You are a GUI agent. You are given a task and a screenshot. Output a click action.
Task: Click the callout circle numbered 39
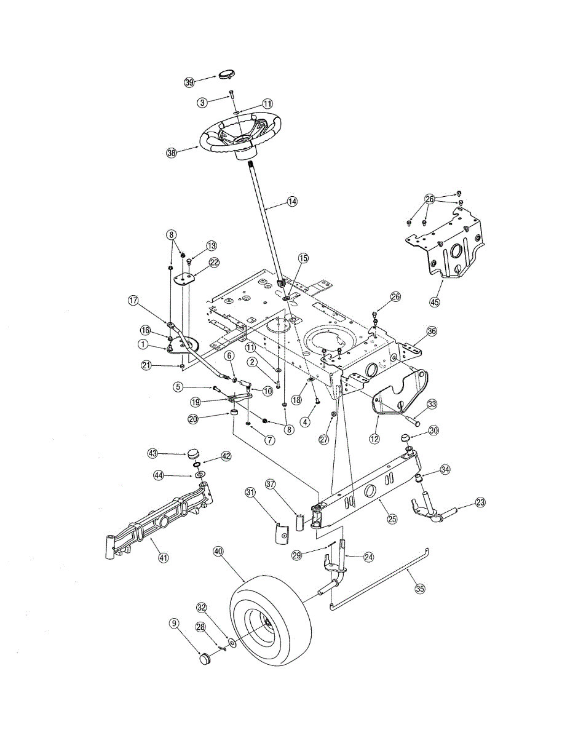(x=189, y=82)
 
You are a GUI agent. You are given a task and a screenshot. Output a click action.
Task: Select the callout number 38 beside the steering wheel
(x=172, y=153)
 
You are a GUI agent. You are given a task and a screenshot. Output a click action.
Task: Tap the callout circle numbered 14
(x=291, y=201)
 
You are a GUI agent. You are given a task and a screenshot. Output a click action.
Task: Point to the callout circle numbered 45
(x=435, y=301)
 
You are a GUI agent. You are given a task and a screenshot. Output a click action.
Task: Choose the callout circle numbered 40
(x=218, y=552)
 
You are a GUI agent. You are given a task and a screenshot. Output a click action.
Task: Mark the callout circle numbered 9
(x=175, y=624)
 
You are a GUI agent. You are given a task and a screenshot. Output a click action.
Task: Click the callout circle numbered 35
(x=420, y=588)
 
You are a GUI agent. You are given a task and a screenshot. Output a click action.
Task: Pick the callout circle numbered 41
(x=163, y=558)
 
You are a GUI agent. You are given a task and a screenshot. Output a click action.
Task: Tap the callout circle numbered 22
(x=213, y=262)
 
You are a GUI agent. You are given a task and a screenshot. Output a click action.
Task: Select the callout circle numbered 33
(x=432, y=404)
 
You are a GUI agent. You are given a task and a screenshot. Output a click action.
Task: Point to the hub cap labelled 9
(x=204, y=660)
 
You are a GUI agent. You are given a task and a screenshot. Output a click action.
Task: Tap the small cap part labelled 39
(x=225, y=74)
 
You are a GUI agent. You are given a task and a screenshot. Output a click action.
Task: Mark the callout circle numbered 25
(x=392, y=518)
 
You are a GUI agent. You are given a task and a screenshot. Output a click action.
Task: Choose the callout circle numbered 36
(x=431, y=331)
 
